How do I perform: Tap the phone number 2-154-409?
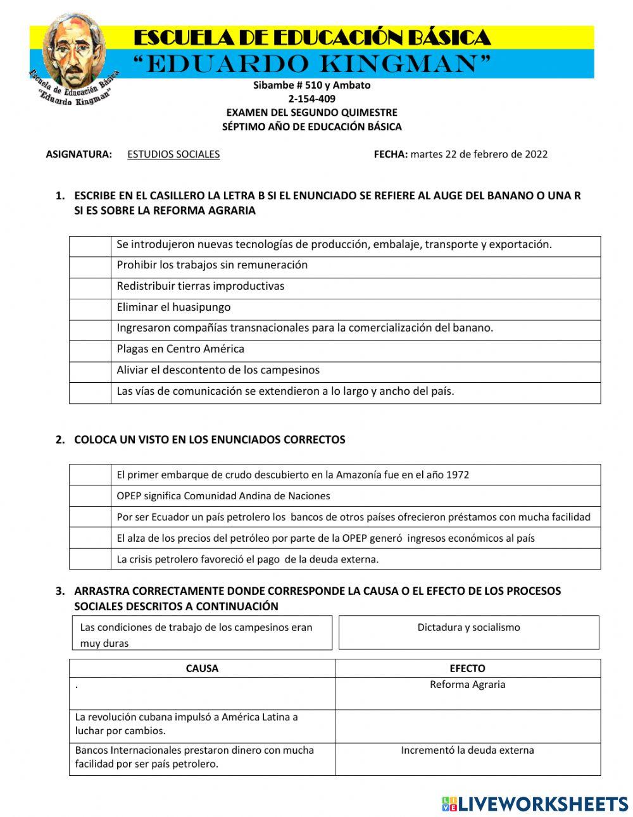point(311,99)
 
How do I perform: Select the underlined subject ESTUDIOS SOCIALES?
point(173,154)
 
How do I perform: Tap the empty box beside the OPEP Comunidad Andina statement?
point(90,496)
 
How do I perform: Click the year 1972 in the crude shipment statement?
point(457,475)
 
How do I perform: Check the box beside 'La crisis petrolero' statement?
point(90,559)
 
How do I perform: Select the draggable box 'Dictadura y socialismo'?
point(468,632)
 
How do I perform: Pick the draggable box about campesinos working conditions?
point(202,633)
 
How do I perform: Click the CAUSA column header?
point(202,668)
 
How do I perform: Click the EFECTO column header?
point(467,668)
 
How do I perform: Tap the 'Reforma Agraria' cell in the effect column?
point(467,685)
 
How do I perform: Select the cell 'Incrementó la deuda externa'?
point(467,751)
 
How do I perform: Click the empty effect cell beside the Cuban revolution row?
point(467,726)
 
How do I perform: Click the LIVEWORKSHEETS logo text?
point(542,804)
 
